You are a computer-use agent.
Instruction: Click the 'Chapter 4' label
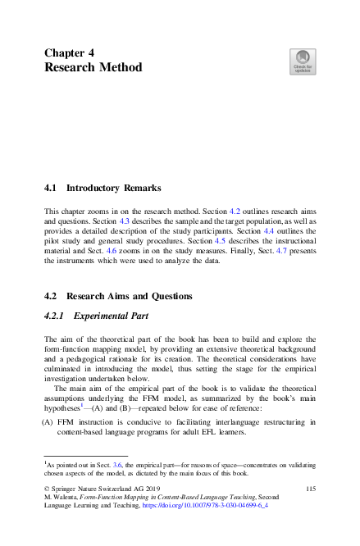click(69, 52)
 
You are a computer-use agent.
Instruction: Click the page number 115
click(310, 489)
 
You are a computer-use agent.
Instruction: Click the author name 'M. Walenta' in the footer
click(60, 498)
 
